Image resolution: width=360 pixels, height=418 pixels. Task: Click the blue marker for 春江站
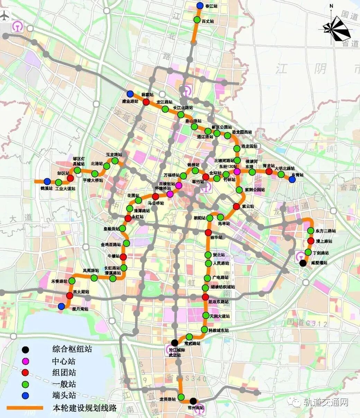click(200, 6)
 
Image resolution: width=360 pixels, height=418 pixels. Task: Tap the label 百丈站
click(208, 21)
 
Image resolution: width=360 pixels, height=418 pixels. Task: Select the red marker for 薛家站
click(146, 102)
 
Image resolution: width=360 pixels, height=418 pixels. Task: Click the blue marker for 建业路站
click(130, 94)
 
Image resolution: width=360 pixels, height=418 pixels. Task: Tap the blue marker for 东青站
click(292, 179)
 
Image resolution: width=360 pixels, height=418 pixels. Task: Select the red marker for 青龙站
click(269, 171)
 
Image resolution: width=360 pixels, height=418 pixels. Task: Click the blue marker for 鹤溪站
click(47, 181)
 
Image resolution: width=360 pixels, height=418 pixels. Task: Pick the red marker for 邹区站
click(70, 178)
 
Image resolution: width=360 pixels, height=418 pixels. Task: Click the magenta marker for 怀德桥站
click(170, 194)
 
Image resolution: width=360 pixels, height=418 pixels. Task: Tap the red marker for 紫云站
click(236, 206)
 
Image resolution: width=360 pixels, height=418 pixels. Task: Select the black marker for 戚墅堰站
click(303, 263)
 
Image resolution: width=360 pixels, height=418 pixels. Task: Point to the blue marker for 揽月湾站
click(61, 306)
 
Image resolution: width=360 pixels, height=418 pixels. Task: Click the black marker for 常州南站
click(193, 401)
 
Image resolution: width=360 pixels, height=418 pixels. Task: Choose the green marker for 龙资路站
click(181, 397)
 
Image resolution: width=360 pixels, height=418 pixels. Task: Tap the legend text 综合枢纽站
click(72, 349)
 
